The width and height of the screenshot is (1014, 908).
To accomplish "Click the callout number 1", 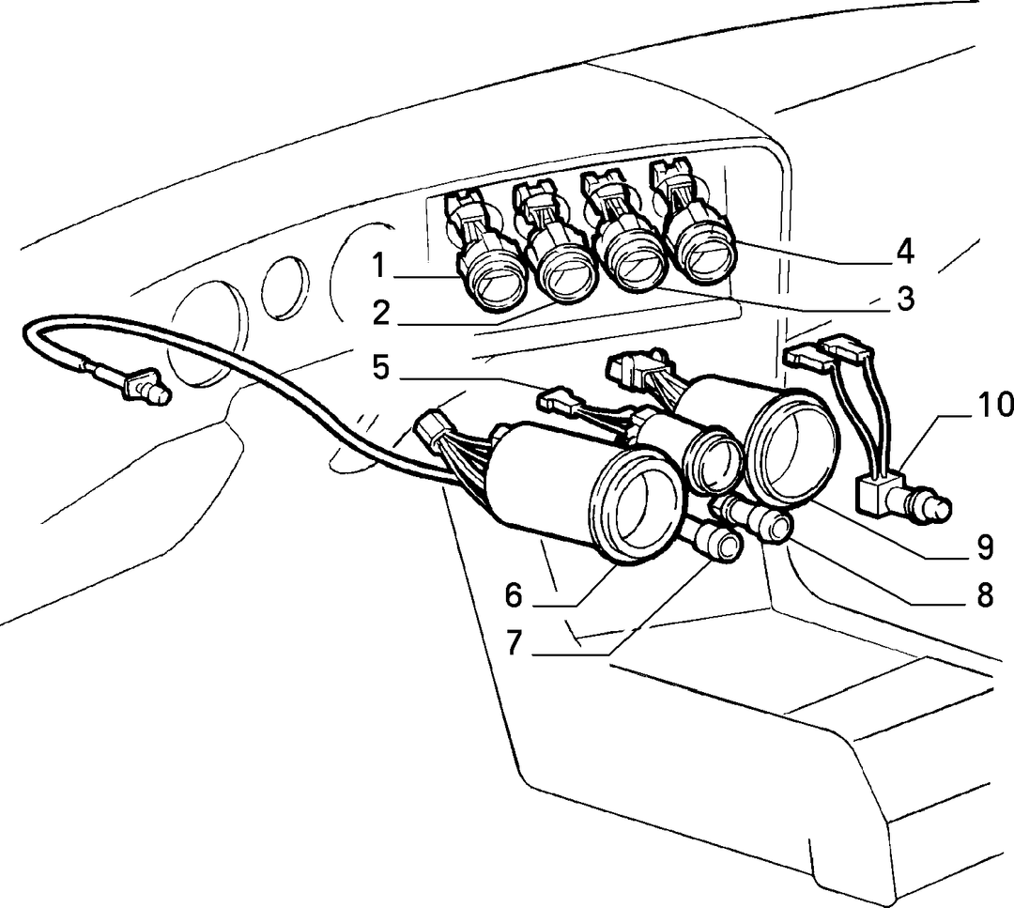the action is tap(379, 266).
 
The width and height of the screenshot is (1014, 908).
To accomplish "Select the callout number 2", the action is tap(381, 313).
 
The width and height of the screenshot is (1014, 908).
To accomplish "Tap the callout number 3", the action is tap(905, 300).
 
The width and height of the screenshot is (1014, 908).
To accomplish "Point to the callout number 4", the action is tap(905, 252).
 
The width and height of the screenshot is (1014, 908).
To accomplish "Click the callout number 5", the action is tap(381, 368).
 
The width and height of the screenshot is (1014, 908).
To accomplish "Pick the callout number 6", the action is tap(514, 595).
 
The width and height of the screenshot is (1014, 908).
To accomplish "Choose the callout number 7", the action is tap(515, 643).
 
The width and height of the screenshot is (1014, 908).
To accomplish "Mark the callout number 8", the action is tap(985, 595).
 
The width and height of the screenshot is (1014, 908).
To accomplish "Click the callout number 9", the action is tap(985, 547).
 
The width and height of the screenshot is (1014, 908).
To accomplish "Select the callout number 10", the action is tap(994, 406).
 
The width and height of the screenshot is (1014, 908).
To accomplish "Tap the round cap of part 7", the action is tap(724, 546).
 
